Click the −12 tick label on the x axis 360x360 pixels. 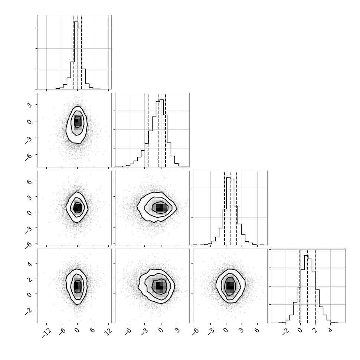(47, 333)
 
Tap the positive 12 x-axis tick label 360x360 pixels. (108, 331)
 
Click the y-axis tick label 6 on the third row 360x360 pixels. (30, 181)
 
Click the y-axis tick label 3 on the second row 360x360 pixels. (30, 105)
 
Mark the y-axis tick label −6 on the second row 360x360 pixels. (29, 157)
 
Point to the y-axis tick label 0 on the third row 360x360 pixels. (30, 213)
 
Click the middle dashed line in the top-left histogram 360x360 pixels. (77, 52)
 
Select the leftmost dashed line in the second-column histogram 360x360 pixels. (148, 130)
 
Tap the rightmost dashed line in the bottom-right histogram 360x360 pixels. (316, 286)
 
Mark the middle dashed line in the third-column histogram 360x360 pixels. (230, 208)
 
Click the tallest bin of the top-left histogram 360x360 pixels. (76, 55)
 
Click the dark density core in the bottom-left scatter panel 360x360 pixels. (77, 286)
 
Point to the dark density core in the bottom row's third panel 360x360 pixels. (230, 286)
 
